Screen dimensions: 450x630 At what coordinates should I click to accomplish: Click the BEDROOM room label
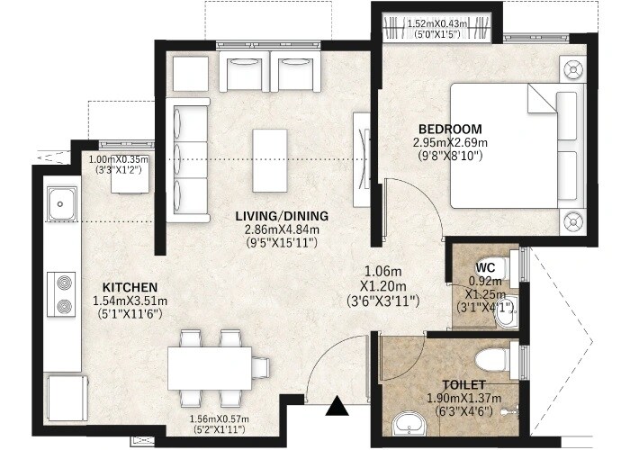pyautogui.click(x=450, y=129)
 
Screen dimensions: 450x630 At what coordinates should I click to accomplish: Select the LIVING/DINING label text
pyautogui.click(x=282, y=216)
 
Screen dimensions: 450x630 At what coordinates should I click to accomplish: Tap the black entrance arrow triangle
pyautogui.click(x=337, y=409)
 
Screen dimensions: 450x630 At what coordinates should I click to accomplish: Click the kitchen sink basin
pyautogui.click(x=61, y=204)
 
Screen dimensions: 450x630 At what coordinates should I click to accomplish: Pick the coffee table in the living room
pyautogui.click(x=270, y=160)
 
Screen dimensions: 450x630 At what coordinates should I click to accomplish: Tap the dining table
pyautogui.click(x=210, y=368)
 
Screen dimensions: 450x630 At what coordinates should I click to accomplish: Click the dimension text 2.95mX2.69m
pyautogui.click(x=450, y=142)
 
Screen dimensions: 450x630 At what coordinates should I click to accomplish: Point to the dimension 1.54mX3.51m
pyautogui.click(x=130, y=301)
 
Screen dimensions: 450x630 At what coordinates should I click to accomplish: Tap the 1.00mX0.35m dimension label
pyautogui.click(x=120, y=158)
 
